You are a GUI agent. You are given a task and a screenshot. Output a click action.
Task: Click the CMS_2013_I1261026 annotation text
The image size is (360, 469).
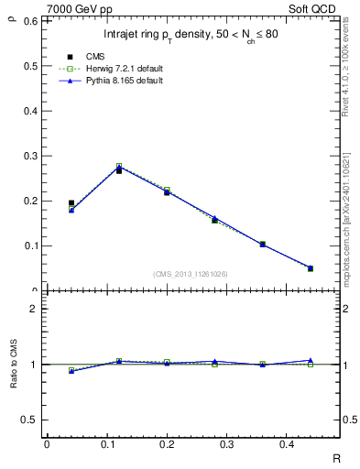[191, 274]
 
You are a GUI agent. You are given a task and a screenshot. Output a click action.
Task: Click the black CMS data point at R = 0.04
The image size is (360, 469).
[71, 203]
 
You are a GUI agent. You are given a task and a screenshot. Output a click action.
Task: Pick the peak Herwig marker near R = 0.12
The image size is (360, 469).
[119, 166]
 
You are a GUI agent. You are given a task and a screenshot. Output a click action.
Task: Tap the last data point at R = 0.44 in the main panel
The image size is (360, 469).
[311, 268]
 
